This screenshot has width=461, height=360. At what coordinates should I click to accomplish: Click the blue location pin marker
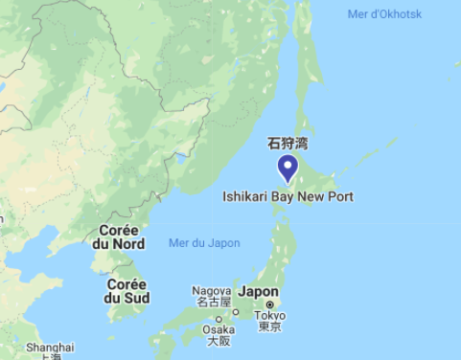point(288,169)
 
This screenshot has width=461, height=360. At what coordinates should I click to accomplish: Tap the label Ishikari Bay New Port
point(288,196)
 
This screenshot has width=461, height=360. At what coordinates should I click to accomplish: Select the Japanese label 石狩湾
point(288,144)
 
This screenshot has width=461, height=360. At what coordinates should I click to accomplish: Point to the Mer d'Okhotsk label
point(383,13)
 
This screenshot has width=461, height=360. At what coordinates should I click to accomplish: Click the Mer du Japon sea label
point(204,243)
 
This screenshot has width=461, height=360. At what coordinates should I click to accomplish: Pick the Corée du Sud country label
point(127,291)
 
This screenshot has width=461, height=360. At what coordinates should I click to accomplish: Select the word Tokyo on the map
point(269,315)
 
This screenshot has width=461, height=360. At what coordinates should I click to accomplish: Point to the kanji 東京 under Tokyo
point(269,327)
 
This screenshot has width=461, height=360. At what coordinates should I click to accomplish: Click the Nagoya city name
point(211,290)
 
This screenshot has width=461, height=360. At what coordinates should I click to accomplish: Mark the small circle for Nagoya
point(236,312)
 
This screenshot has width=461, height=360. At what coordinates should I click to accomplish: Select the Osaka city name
point(219,328)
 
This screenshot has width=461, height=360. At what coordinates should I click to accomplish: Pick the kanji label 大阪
point(219,341)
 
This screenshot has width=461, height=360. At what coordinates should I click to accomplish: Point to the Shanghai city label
point(50,347)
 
